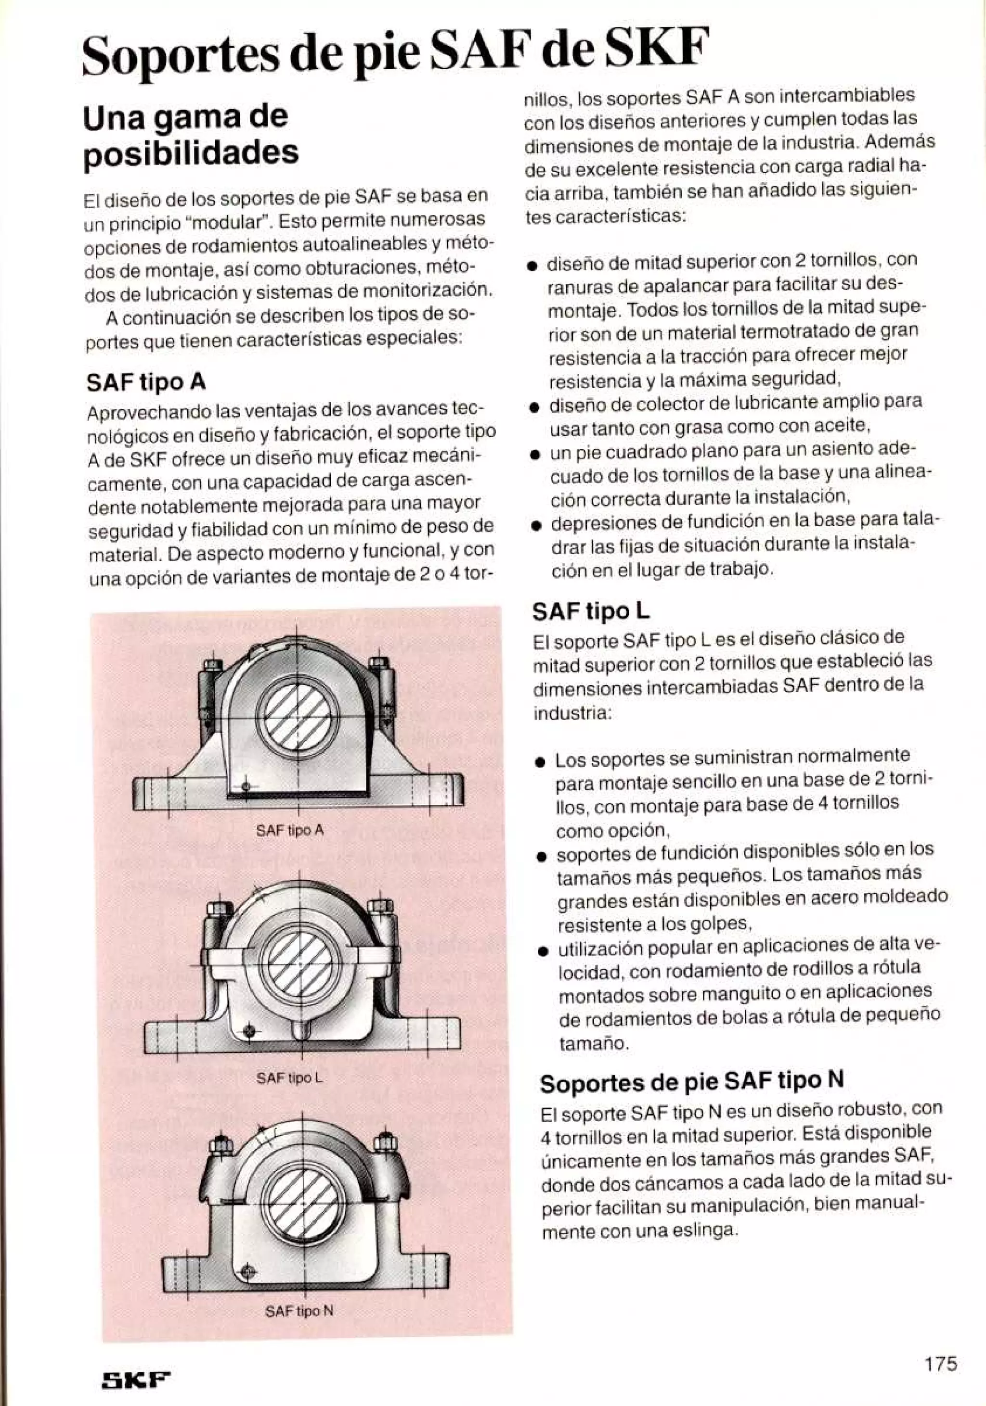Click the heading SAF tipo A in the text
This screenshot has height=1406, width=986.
pos(146,382)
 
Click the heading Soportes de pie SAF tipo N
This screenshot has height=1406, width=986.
pos(691,1080)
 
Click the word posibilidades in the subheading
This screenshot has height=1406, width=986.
pos(191,152)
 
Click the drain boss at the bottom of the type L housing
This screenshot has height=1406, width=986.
pos(300,1029)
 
